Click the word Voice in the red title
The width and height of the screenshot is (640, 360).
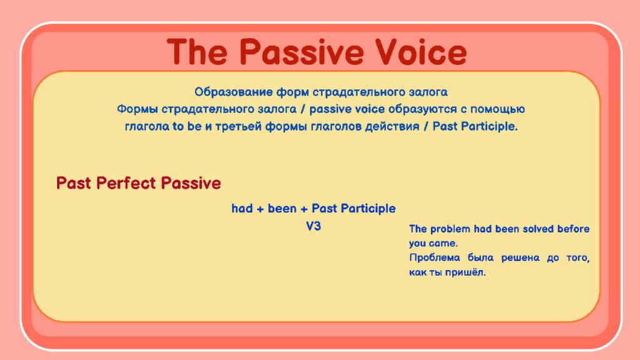click(421, 52)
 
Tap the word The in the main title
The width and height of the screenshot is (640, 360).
click(197, 52)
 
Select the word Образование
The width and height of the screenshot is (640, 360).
click(234, 92)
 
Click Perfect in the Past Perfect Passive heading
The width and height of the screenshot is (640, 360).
click(126, 183)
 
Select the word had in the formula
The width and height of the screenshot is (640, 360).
click(242, 209)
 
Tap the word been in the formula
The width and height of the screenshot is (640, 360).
click(282, 209)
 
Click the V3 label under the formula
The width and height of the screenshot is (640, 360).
click(314, 226)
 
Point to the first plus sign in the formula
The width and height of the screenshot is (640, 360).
click(260, 209)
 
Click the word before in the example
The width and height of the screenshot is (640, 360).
click(574, 229)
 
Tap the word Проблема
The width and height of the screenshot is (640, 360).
click(434, 258)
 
